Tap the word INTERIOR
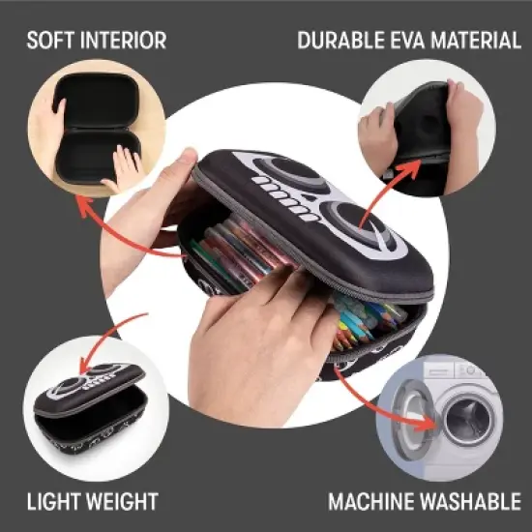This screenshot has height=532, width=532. pos(124,40)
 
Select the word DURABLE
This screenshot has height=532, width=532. pos(341,40)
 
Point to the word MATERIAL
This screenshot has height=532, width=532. pos(476,40)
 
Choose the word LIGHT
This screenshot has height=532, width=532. pos(53,501)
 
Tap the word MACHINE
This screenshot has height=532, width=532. pos(371,501)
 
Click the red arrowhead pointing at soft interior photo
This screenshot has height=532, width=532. pos(83,205)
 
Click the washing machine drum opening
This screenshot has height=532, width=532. pos(468,420)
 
